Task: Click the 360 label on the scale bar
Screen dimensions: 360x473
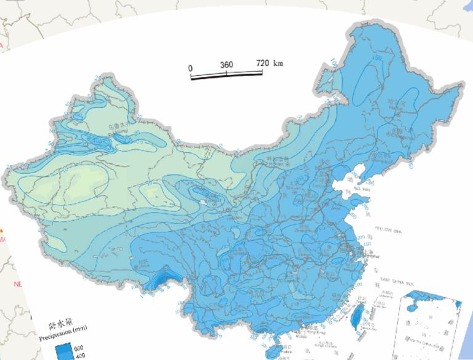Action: [226, 65]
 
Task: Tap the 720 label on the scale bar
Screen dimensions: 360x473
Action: [263, 63]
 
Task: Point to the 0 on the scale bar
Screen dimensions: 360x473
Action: [190, 67]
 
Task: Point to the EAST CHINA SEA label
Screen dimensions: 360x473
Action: [395, 279]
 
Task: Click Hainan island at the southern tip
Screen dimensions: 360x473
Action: [272, 353]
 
